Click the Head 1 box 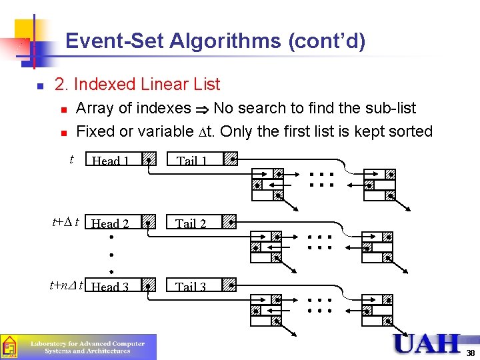coord(111,160)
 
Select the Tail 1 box coord(191,160)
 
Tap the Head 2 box coord(111,223)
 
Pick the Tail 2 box coord(191,223)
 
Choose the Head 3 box coord(111,286)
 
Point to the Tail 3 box coord(191,286)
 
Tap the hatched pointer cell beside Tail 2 coord(229,223)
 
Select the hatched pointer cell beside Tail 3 coord(229,286)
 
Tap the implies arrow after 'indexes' coord(202,109)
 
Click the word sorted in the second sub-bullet coord(411,131)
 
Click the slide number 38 coord(471,353)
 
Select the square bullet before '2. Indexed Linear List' coord(39,86)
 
